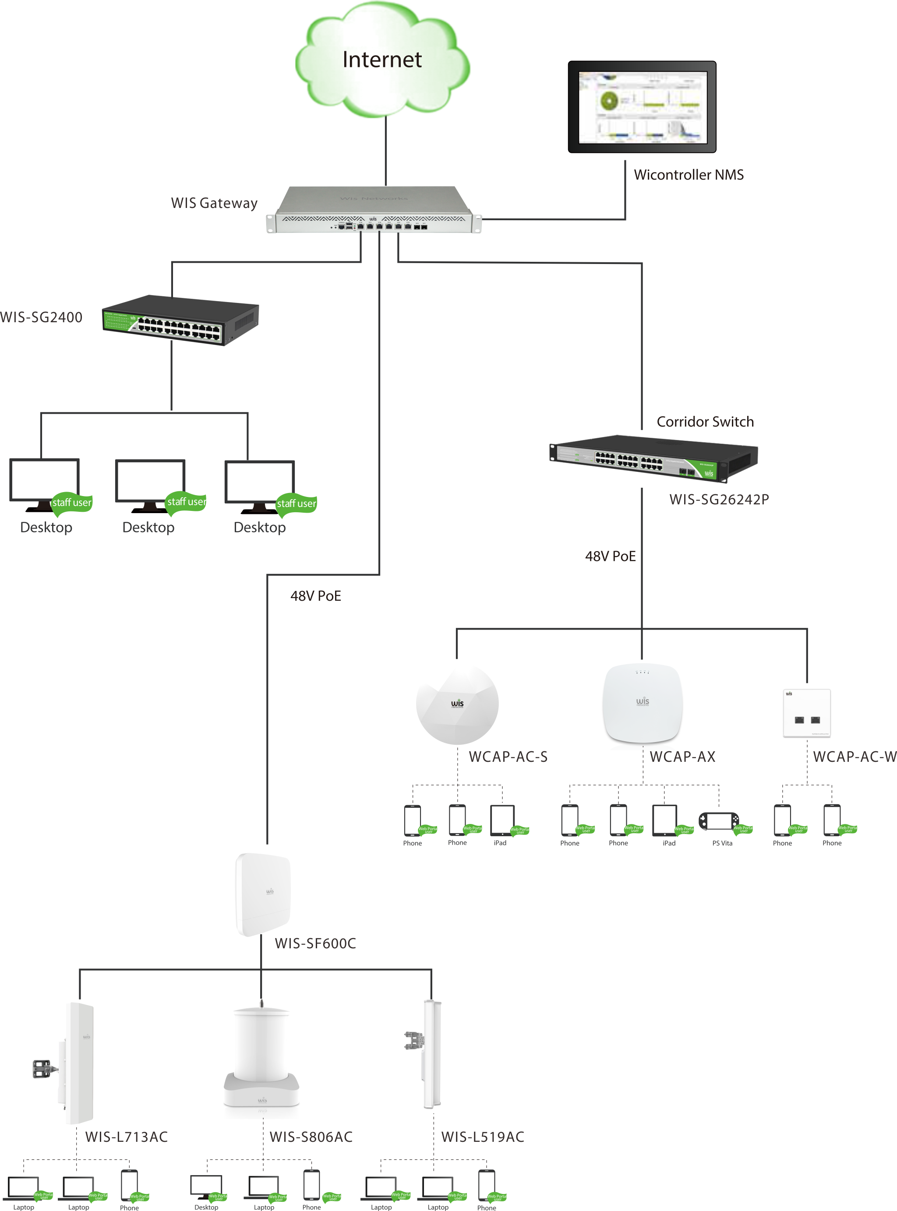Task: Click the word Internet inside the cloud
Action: tap(382, 60)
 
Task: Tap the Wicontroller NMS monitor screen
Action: tap(643, 107)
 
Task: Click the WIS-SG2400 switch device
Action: tap(180, 320)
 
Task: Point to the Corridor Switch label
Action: tap(705, 422)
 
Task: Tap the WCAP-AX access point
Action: tap(643, 704)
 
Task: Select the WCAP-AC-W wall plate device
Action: tap(806, 713)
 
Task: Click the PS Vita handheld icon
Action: tap(718, 821)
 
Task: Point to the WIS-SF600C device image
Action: tap(263, 894)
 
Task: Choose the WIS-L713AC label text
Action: tap(127, 1137)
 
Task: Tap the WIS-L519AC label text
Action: tap(482, 1137)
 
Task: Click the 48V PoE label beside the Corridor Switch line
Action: tap(610, 556)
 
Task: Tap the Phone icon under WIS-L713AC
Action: tap(129, 1184)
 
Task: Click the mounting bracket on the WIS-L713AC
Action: tap(43, 1068)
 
